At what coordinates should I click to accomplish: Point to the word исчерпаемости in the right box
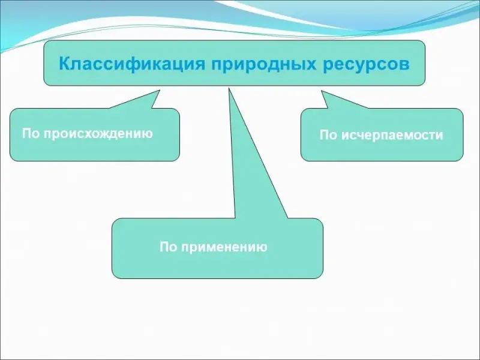pos(392,136)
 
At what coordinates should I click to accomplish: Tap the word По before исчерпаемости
pos(328,136)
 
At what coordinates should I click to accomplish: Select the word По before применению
pos(167,247)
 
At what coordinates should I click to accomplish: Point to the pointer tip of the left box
pos(158,92)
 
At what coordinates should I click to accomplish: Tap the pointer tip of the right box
pos(323,92)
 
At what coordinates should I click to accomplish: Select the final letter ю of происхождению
pos(148,133)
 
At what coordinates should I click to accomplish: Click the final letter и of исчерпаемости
pos(440,136)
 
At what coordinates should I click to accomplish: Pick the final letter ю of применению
pos(263,247)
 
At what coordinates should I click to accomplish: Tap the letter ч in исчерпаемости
pos(359,136)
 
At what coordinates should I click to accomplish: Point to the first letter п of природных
pos(214,64)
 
